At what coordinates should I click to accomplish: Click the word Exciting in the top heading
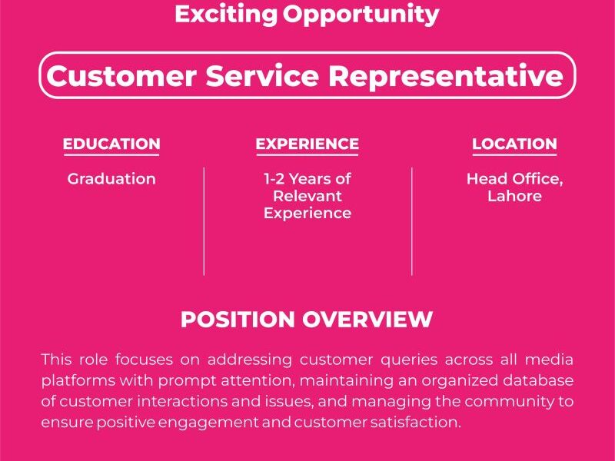click(225, 14)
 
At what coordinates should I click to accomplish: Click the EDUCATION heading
click(111, 144)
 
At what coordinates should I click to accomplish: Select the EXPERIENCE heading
click(307, 144)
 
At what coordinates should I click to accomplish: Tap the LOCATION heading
click(514, 144)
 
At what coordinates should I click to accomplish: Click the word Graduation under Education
click(111, 179)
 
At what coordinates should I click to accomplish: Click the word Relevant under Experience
click(307, 196)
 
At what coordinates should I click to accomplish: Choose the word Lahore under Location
click(514, 196)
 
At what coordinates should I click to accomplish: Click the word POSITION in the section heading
click(238, 320)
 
